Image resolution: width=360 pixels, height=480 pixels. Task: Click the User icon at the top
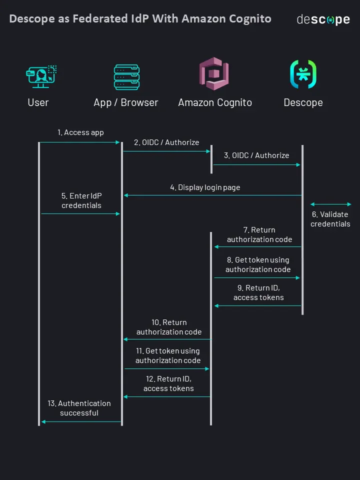40,76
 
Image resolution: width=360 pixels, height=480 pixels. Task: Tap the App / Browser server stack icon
126,76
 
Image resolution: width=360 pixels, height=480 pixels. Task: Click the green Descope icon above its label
303,74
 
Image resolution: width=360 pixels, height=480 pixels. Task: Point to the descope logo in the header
323,19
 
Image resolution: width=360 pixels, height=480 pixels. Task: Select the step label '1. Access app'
80,132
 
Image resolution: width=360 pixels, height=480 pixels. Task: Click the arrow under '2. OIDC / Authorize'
167,151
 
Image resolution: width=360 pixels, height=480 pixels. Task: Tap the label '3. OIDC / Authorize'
256,155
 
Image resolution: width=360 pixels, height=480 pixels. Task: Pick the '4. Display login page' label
205,187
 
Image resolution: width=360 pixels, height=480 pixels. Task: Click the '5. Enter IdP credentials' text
81,200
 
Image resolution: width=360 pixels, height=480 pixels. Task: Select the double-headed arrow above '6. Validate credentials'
331,204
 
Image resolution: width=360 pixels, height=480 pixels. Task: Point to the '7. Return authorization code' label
259,234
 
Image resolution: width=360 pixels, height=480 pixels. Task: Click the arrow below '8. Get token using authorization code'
257,277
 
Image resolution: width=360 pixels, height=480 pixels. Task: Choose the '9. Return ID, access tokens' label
258,292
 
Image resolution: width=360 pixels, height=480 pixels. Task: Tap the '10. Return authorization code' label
169,327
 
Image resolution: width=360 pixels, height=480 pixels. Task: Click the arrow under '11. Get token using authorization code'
167,369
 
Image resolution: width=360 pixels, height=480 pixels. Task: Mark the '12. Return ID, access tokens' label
168,383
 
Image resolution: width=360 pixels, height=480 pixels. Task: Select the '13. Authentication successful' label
79,408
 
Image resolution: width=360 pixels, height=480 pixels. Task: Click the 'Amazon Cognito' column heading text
215,102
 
